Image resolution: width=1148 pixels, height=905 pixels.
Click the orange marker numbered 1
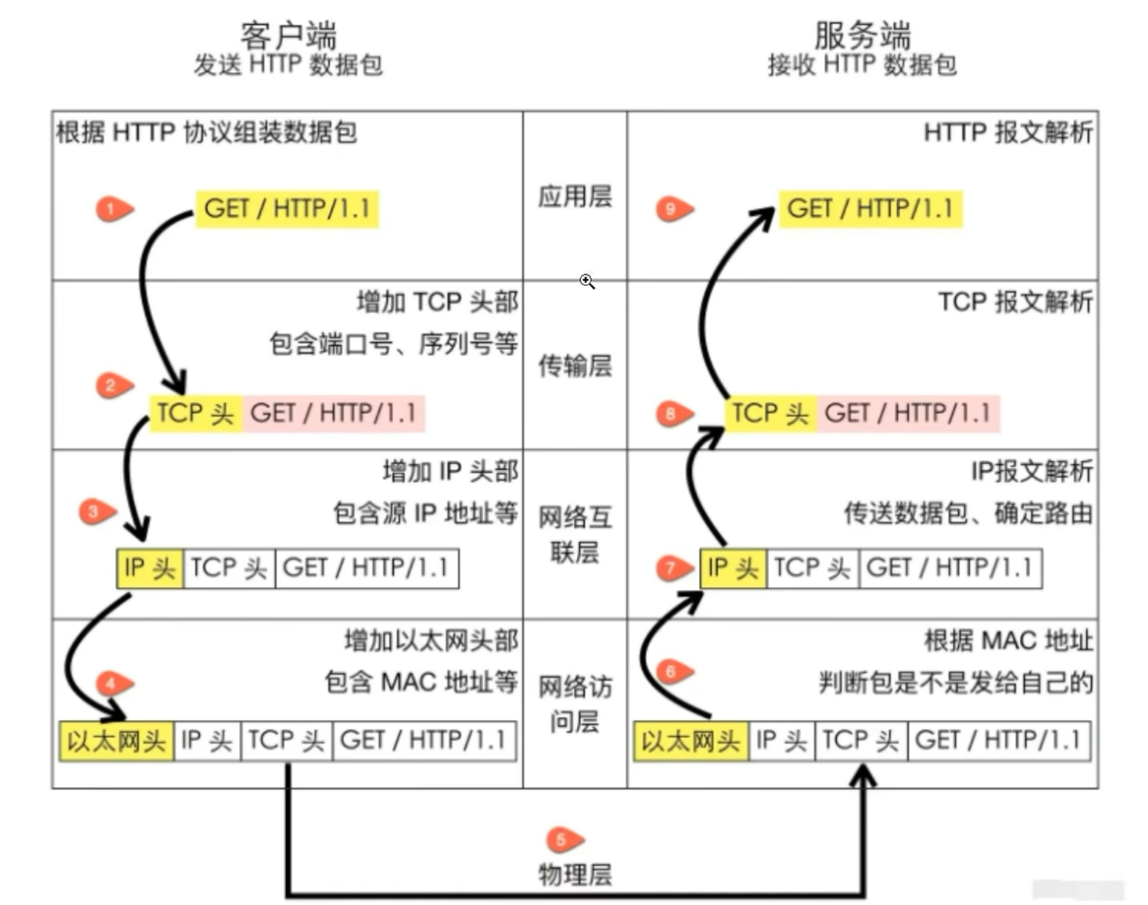coord(113,209)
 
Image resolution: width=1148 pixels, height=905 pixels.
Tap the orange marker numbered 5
coord(563,840)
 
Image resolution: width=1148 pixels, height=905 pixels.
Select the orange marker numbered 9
coord(673,209)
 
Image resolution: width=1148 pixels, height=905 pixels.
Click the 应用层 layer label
coord(575,196)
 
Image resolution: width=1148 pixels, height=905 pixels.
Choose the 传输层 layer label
coord(575,365)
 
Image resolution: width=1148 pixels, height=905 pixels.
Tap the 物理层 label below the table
coord(575,874)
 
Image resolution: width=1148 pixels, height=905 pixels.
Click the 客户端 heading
coord(288,34)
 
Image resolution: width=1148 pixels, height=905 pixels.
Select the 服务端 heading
coord(862,34)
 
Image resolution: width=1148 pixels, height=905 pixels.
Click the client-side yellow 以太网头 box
coord(116,741)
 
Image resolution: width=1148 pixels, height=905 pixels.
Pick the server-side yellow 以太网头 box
coord(690,741)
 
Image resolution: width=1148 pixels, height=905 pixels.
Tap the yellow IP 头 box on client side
coord(150,568)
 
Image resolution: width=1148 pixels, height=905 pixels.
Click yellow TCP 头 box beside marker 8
coord(770,413)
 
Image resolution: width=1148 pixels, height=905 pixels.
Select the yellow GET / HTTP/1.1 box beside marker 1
coord(287,209)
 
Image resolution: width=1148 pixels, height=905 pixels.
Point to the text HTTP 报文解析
coord(1008,132)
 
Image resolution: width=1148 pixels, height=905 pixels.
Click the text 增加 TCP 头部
coord(437,301)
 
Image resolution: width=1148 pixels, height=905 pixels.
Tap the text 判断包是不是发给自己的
coord(956,682)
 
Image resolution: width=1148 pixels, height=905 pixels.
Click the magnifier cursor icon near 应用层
coord(587,281)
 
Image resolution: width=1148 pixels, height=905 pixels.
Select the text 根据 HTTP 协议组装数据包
coord(207,132)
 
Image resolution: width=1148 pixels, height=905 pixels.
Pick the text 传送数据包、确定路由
coord(968,513)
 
